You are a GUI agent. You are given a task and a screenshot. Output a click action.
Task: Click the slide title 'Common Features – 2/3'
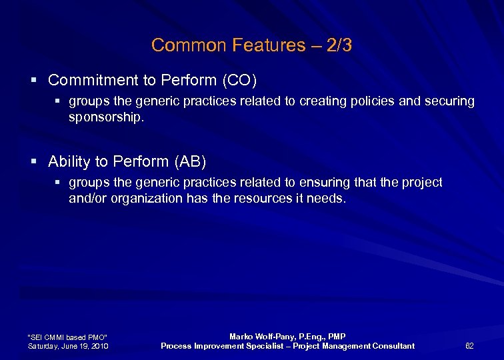pos(251,45)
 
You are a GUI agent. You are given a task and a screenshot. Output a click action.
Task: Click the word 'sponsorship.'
pos(106,117)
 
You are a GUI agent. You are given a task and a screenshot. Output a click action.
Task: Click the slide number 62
pos(469,345)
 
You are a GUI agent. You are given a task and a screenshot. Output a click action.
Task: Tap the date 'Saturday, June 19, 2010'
pos(69,345)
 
